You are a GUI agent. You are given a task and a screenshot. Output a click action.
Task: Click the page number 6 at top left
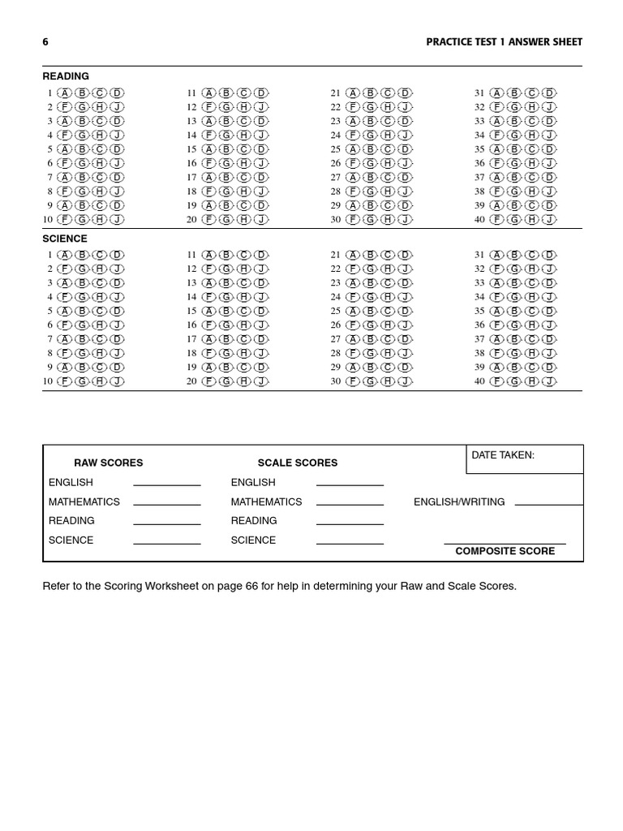pyautogui.click(x=45, y=42)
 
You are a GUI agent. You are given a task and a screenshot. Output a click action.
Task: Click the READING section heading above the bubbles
pyautogui.click(x=66, y=76)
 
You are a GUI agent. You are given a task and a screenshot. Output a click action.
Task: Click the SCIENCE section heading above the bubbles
pyautogui.click(x=65, y=239)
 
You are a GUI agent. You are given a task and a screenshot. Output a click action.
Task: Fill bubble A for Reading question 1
pyautogui.click(x=65, y=93)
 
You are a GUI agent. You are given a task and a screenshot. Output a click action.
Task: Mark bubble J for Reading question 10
pyautogui.click(x=117, y=220)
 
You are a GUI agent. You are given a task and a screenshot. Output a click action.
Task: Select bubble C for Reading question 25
pyautogui.click(x=388, y=149)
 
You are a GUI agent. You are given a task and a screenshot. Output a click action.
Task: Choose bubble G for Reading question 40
pyautogui.click(x=514, y=220)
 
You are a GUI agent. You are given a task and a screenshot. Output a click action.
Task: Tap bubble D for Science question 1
pyautogui.click(x=117, y=256)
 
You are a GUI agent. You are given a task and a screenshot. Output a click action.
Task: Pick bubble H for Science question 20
pyautogui.click(x=243, y=381)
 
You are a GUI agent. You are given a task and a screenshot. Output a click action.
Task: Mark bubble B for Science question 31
pyautogui.click(x=514, y=256)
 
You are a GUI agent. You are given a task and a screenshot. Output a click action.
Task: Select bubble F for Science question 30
pyautogui.click(x=353, y=381)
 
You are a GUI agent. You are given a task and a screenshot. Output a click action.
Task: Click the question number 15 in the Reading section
pyautogui.click(x=191, y=149)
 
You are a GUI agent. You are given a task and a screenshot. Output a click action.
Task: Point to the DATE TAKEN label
pyautogui.click(x=503, y=455)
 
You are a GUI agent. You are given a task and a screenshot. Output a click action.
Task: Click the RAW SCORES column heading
pyautogui.click(x=109, y=463)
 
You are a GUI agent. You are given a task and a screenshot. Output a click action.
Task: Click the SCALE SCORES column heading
pyautogui.click(x=298, y=463)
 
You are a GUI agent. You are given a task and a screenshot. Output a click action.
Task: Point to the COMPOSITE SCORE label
pyautogui.click(x=505, y=551)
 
